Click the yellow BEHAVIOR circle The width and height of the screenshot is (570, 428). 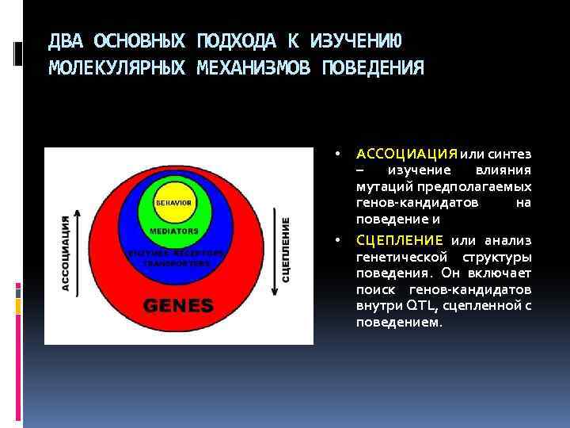click(x=173, y=203)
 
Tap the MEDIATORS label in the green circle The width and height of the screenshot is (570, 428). click(x=173, y=231)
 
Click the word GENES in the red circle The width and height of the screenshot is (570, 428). click(x=178, y=304)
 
